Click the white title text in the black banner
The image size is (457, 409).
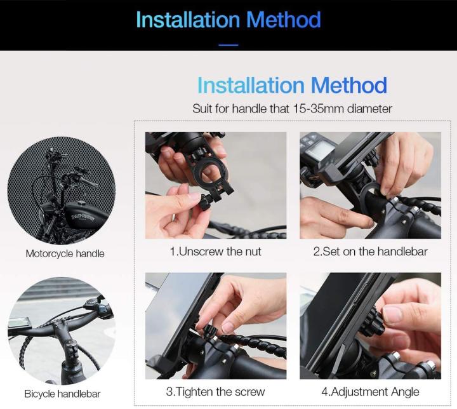pyautogui.click(x=228, y=20)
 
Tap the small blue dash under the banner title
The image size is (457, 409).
pyautogui.click(x=228, y=45)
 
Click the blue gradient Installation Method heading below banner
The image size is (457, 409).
pyautogui.click(x=292, y=85)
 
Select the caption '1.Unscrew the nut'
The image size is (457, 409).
pyautogui.click(x=215, y=251)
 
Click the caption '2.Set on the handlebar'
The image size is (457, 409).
pyautogui.click(x=370, y=251)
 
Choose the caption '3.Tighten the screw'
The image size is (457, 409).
pyautogui.click(x=215, y=391)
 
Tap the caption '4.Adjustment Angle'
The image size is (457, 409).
pyautogui.click(x=370, y=391)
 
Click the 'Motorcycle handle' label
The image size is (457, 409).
pyautogui.click(x=65, y=253)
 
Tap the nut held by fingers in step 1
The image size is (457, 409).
pyautogui.click(x=204, y=204)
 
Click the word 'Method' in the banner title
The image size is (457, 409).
pyautogui.click(x=283, y=20)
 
